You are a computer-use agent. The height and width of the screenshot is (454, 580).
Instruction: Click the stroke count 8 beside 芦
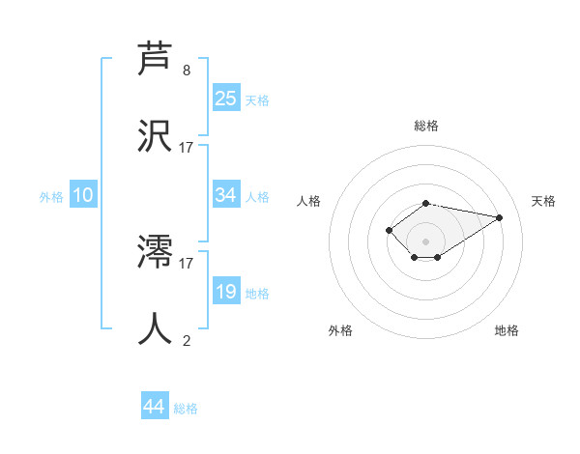pyautogui.click(x=187, y=71)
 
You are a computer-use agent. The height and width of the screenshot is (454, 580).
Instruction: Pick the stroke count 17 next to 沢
pyautogui.click(x=187, y=148)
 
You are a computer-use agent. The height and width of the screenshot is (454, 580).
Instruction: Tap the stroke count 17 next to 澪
pyautogui.click(x=187, y=262)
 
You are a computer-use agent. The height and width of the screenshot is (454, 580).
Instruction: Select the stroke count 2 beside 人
pyautogui.click(x=187, y=340)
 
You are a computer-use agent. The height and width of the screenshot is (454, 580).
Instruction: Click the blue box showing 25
pyautogui.click(x=226, y=99)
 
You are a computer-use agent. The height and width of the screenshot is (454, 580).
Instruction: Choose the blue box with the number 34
pyautogui.click(x=226, y=195)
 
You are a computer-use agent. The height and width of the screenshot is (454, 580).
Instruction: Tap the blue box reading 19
pyautogui.click(x=226, y=292)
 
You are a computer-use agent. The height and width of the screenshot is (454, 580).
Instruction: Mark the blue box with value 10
pyautogui.click(x=83, y=195)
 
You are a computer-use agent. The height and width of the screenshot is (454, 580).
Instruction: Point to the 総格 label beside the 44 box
pyautogui.click(x=186, y=409)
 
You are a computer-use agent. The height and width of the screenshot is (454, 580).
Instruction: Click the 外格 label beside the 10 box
pyautogui.click(x=51, y=197)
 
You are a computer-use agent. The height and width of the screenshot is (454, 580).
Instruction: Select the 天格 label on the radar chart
pyautogui.click(x=543, y=201)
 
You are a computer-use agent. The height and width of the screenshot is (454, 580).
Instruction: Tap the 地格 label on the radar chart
pyautogui.click(x=507, y=330)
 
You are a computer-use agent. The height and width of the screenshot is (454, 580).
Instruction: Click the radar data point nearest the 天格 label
pyautogui.click(x=499, y=217)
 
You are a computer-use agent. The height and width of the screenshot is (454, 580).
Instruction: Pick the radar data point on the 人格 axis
pyautogui.click(x=389, y=230)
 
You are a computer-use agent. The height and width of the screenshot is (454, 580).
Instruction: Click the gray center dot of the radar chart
pyautogui.click(x=425, y=241)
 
